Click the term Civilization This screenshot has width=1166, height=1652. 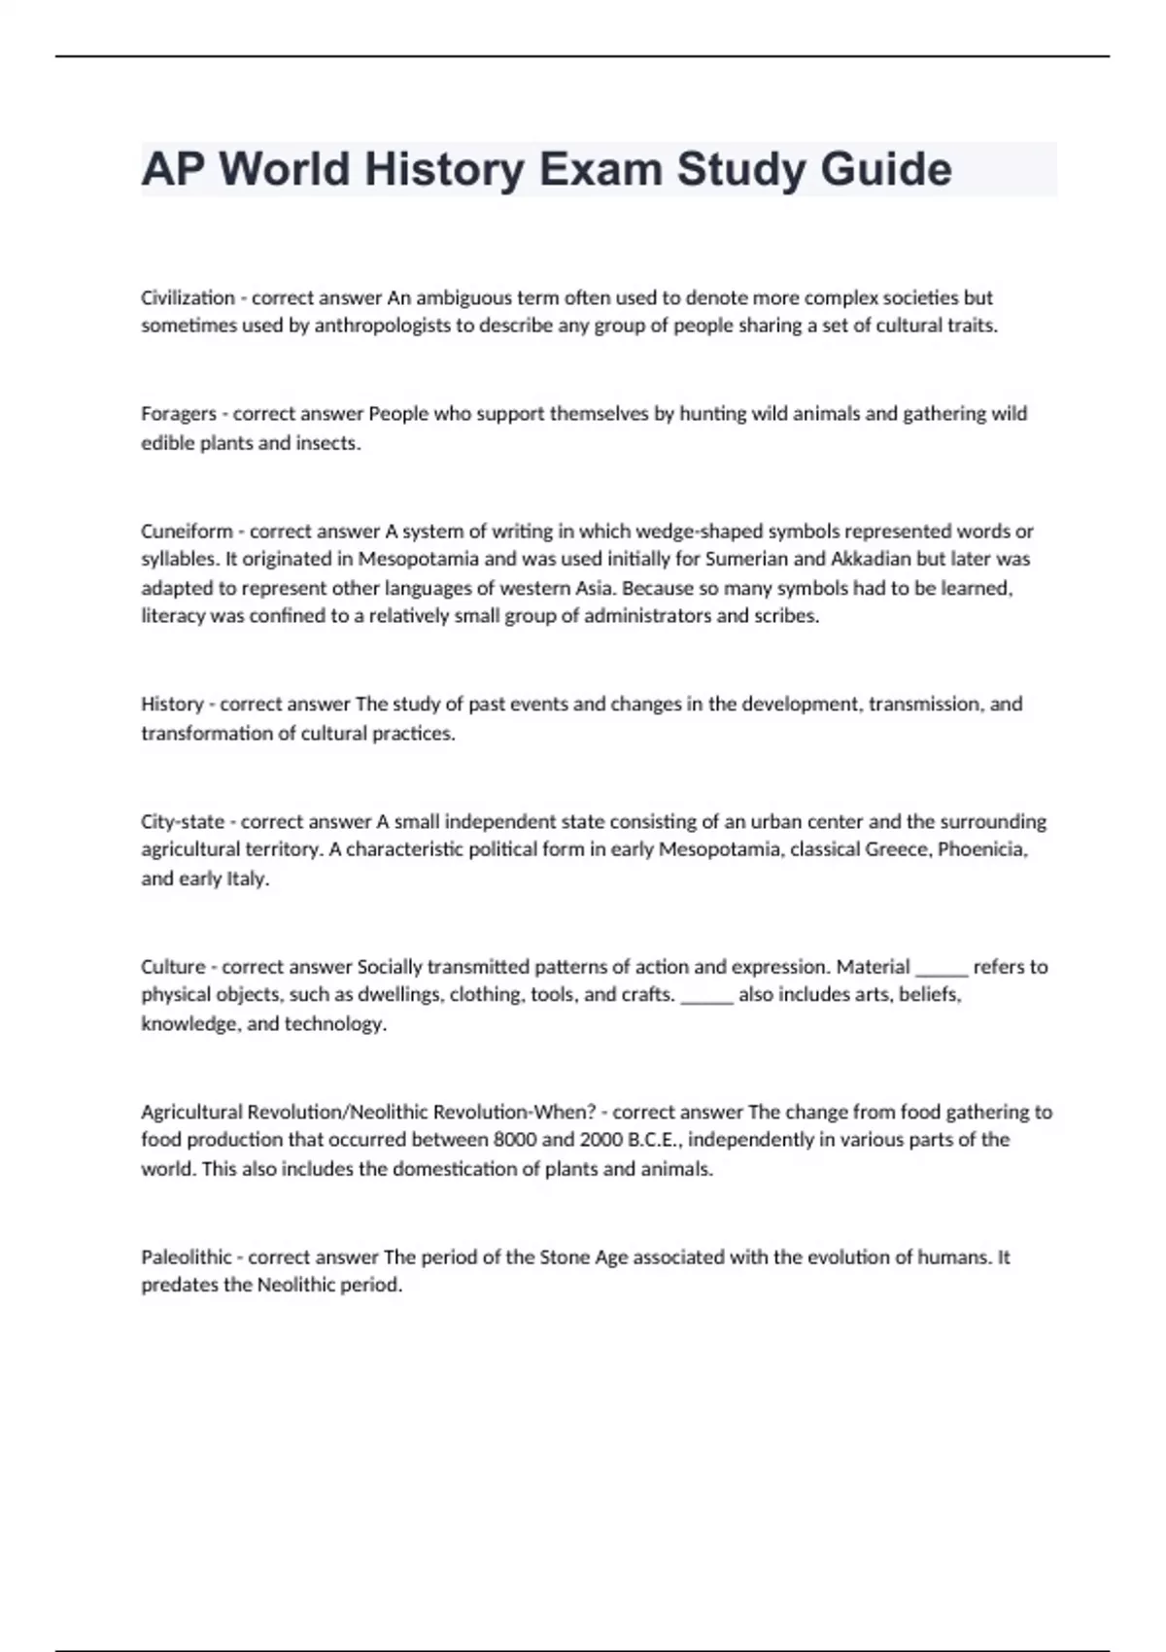tap(188, 297)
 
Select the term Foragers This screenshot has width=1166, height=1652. tap(179, 414)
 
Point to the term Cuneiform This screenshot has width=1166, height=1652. tap(190, 532)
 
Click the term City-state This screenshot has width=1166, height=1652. tap(183, 821)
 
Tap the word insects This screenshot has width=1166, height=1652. tap(327, 443)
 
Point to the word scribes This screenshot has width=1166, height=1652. tap(786, 616)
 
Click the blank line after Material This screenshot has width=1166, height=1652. tap(942, 967)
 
